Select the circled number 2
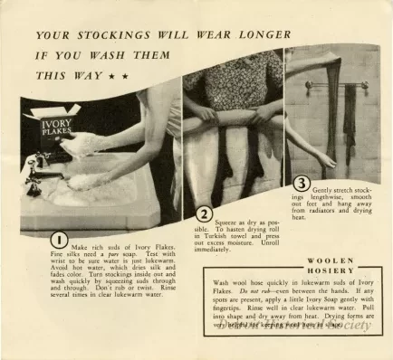[x=204, y=214]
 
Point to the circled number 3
[x=302, y=181]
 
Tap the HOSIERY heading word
[x=290, y=270]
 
